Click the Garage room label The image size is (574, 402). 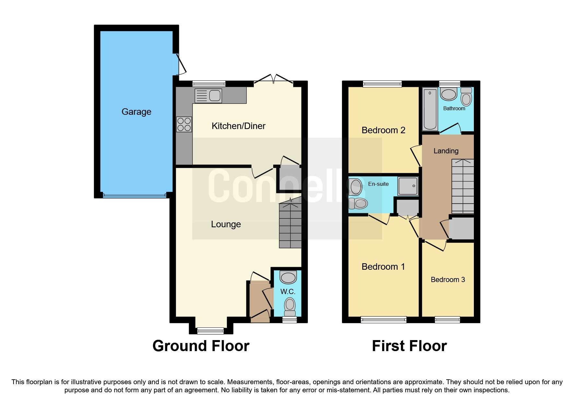click(x=136, y=112)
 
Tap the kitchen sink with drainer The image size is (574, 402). click(x=208, y=96)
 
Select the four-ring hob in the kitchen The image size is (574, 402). click(x=184, y=124)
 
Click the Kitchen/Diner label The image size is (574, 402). click(x=238, y=126)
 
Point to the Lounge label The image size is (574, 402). click(x=226, y=224)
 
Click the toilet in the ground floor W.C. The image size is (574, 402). click(x=290, y=306)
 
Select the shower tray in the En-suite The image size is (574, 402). click(x=408, y=186)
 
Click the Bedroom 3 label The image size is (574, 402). click(x=448, y=280)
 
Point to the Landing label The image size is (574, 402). click(x=446, y=151)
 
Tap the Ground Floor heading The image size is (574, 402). click(x=201, y=346)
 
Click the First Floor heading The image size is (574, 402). click(x=409, y=346)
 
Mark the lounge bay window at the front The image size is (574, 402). click(x=210, y=331)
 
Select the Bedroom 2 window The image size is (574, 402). click(x=382, y=84)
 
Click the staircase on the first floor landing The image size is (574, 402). click(x=463, y=186)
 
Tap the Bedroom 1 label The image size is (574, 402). click(x=383, y=267)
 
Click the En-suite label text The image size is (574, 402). click(x=378, y=184)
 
